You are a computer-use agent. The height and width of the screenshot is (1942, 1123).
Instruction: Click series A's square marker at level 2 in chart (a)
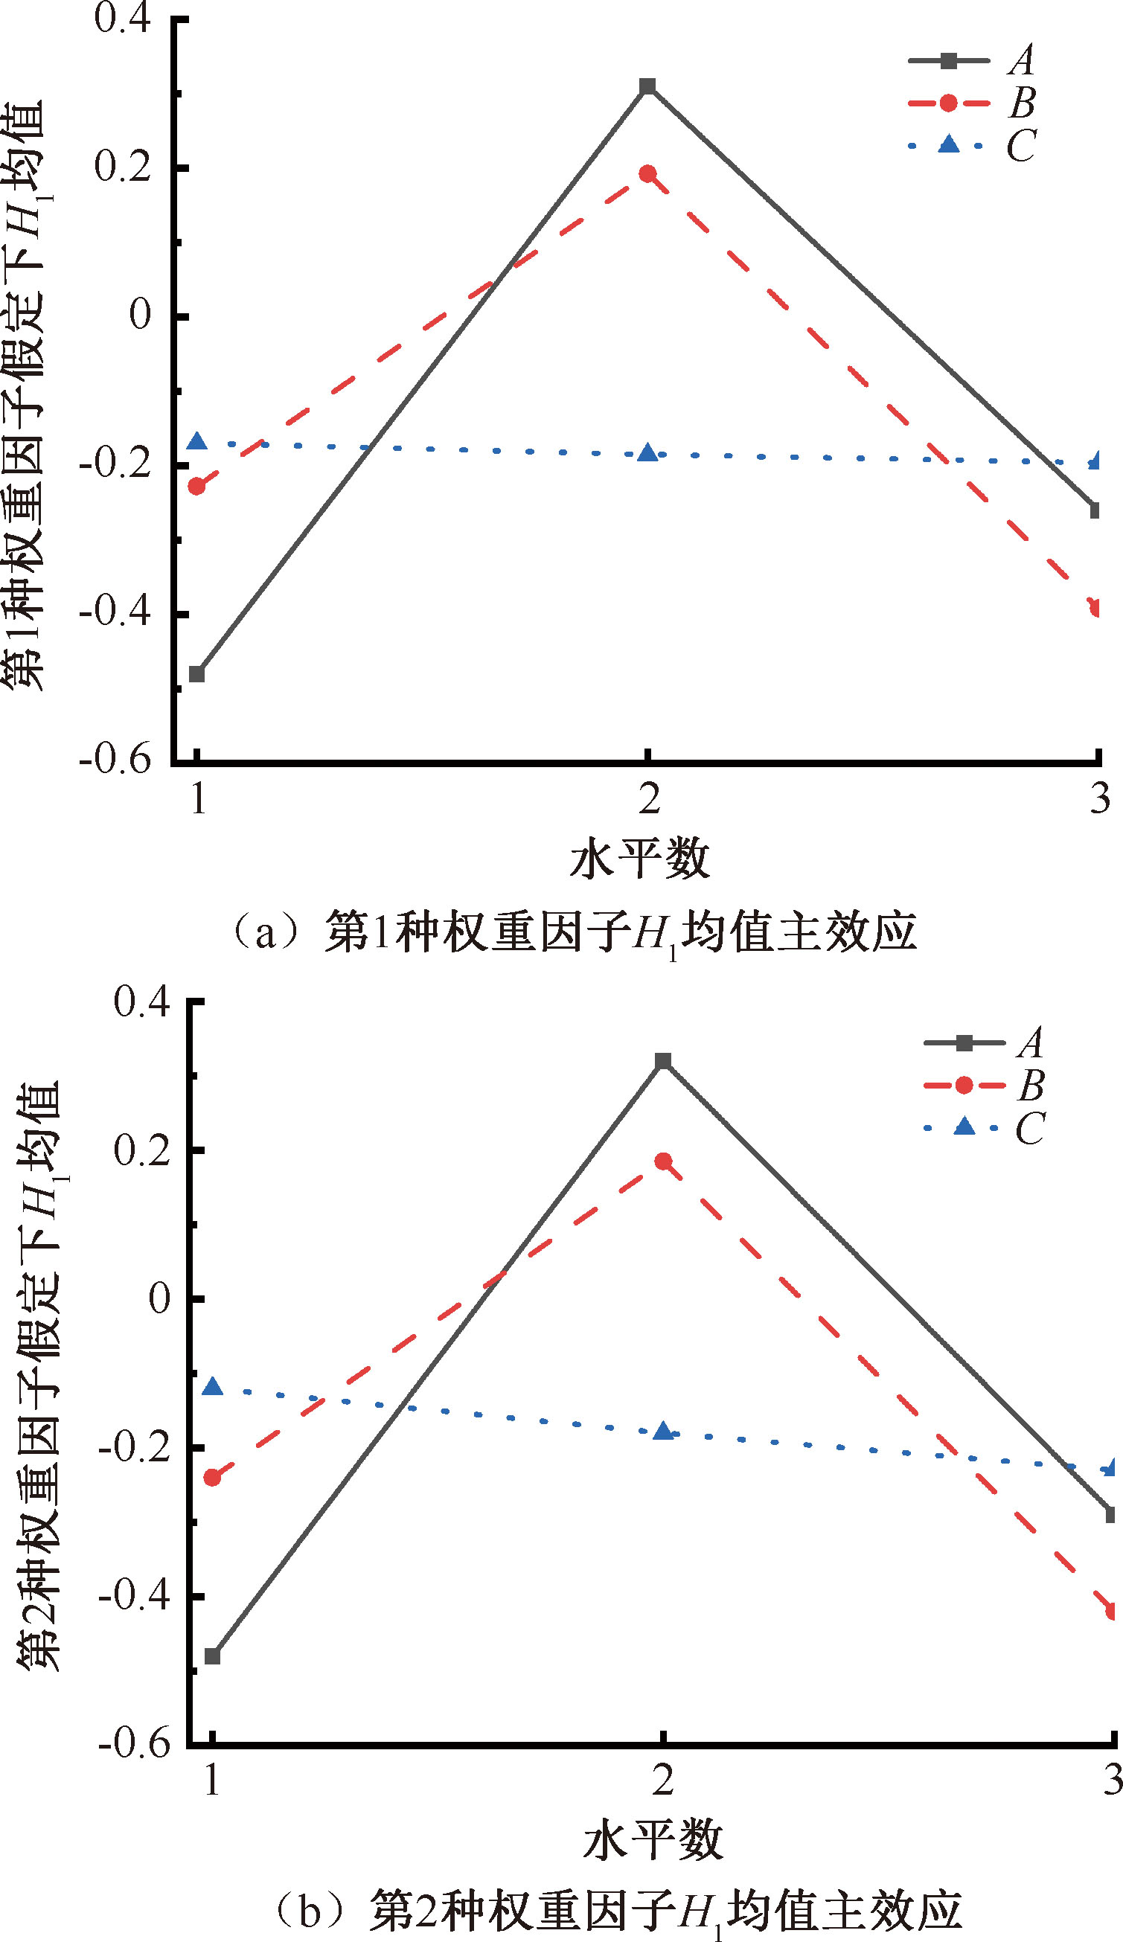click(648, 86)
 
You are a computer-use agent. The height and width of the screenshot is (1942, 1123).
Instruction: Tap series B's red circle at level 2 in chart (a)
click(648, 173)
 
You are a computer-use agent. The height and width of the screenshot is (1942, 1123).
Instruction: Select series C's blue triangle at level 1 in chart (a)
click(198, 441)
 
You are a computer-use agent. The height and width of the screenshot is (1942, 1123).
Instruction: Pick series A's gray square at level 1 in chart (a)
click(197, 674)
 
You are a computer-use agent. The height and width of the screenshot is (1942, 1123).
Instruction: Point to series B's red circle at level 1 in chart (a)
click(197, 487)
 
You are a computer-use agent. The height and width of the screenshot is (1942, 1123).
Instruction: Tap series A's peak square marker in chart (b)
click(663, 1061)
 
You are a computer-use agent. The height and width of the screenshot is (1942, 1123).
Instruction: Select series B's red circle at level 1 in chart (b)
click(213, 1477)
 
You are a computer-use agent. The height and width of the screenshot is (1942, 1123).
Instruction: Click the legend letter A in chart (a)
click(1022, 60)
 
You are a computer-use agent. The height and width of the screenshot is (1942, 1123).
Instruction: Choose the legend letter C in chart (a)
click(1021, 146)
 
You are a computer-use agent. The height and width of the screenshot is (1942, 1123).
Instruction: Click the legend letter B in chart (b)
click(1031, 1086)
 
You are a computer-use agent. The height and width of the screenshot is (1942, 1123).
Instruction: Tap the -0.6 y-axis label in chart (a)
click(115, 760)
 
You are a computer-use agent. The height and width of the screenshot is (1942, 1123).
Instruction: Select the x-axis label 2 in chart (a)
click(650, 799)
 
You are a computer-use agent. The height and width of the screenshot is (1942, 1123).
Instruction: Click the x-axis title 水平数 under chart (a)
click(639, 860)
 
